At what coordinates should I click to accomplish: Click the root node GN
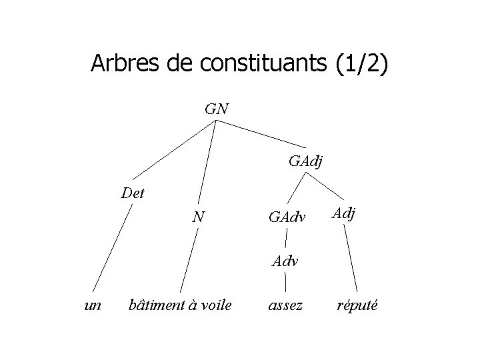217,109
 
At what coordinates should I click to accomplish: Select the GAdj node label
306,161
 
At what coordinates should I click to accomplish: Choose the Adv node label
285,261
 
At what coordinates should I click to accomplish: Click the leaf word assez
285,305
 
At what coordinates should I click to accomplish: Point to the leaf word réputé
358,305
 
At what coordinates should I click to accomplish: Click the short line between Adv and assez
286,283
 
